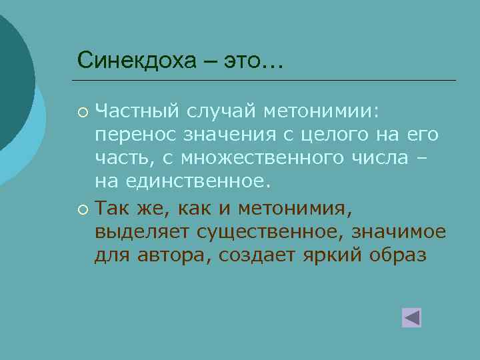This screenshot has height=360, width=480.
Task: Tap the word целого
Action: click(326, 136)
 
